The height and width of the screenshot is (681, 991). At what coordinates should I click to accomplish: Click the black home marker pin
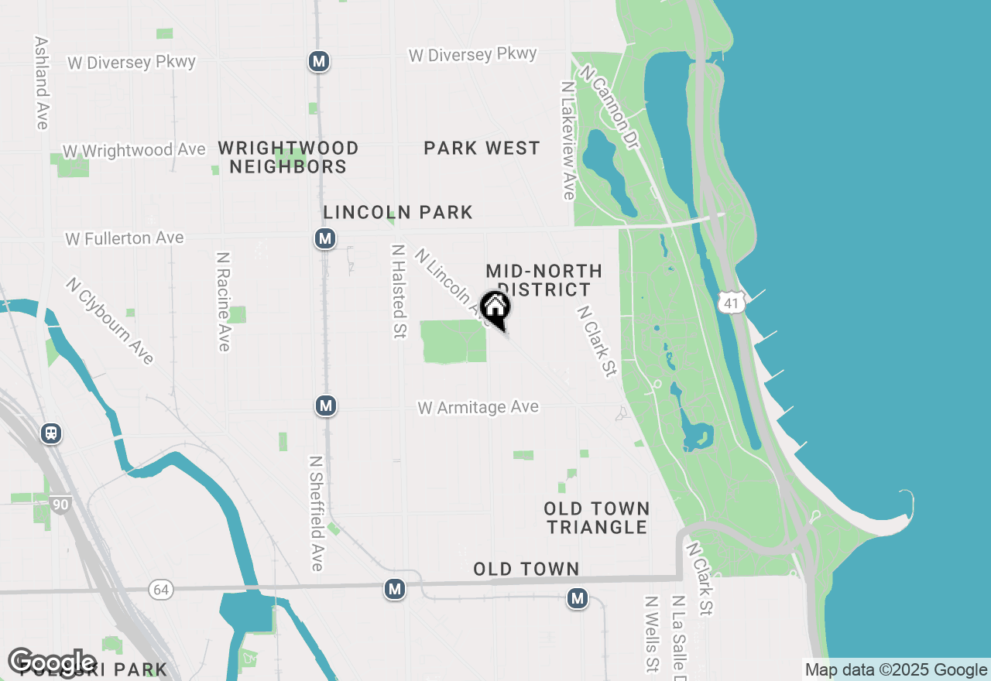(495, 308)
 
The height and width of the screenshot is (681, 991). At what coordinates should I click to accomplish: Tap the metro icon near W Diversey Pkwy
(319, 61)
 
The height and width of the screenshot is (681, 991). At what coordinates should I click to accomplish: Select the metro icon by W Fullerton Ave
(325, 238)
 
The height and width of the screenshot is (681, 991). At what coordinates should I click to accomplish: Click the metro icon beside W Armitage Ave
(326, 406)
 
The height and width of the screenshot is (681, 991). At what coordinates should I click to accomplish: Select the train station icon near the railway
(51, 433)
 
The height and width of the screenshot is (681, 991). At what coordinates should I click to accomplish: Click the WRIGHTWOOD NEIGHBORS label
(288, 157)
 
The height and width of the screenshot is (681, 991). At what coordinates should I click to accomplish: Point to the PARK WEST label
(482, 148)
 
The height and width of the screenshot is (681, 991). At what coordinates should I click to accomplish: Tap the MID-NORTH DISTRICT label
(544, 280)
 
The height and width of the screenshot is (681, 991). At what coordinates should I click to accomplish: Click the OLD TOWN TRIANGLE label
(596, 518)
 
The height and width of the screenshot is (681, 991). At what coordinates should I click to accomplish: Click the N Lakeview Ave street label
(569, 139)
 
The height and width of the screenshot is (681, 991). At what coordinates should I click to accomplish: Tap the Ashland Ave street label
(41, 83)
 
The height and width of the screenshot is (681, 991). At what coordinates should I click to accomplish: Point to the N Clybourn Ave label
(110, 320)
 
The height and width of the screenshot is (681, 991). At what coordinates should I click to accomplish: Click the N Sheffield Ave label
(316, 512)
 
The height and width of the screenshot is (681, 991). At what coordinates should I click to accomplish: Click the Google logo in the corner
(52, 662)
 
